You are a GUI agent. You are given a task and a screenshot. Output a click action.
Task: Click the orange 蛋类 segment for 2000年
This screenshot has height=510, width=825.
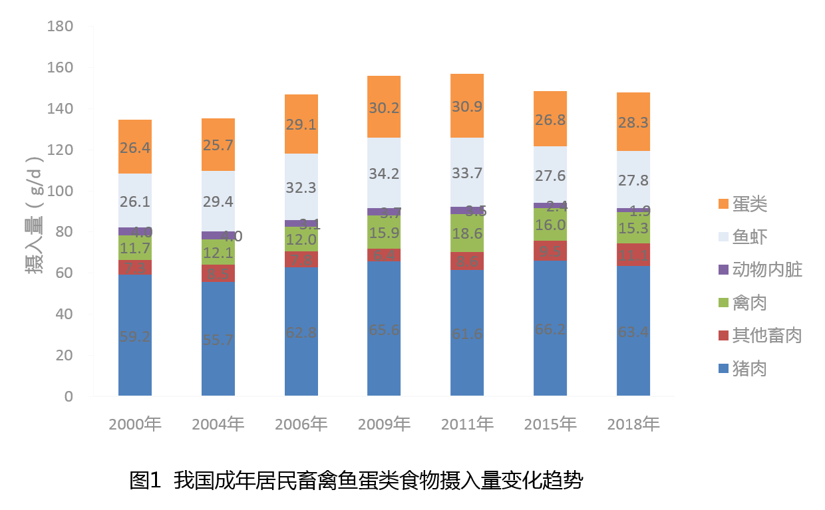tap(135, 147)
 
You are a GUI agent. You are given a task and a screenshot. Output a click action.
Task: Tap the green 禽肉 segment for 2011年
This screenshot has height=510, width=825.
tap(467, 233)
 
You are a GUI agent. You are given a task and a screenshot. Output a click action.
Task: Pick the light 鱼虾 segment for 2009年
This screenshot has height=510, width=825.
tap(384, 172)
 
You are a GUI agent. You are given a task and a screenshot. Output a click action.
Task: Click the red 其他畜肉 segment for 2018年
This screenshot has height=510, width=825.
tap(633, 254)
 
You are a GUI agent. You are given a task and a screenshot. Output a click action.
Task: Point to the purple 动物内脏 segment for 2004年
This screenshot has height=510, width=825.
tap(218, 235)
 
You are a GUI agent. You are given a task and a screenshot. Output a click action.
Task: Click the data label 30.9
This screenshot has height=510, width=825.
tap(467, 106)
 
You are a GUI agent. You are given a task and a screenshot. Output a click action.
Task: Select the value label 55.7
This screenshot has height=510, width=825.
tap(218, 340)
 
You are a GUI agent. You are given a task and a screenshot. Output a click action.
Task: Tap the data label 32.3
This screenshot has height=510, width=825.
tap(301, 188)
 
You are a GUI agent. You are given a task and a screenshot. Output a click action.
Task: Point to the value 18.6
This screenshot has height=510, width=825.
tap(467, 233)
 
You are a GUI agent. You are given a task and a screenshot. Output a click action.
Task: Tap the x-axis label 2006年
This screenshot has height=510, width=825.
tap(301, 424)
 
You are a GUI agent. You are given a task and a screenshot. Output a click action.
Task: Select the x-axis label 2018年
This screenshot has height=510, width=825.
tap(633, 424)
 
